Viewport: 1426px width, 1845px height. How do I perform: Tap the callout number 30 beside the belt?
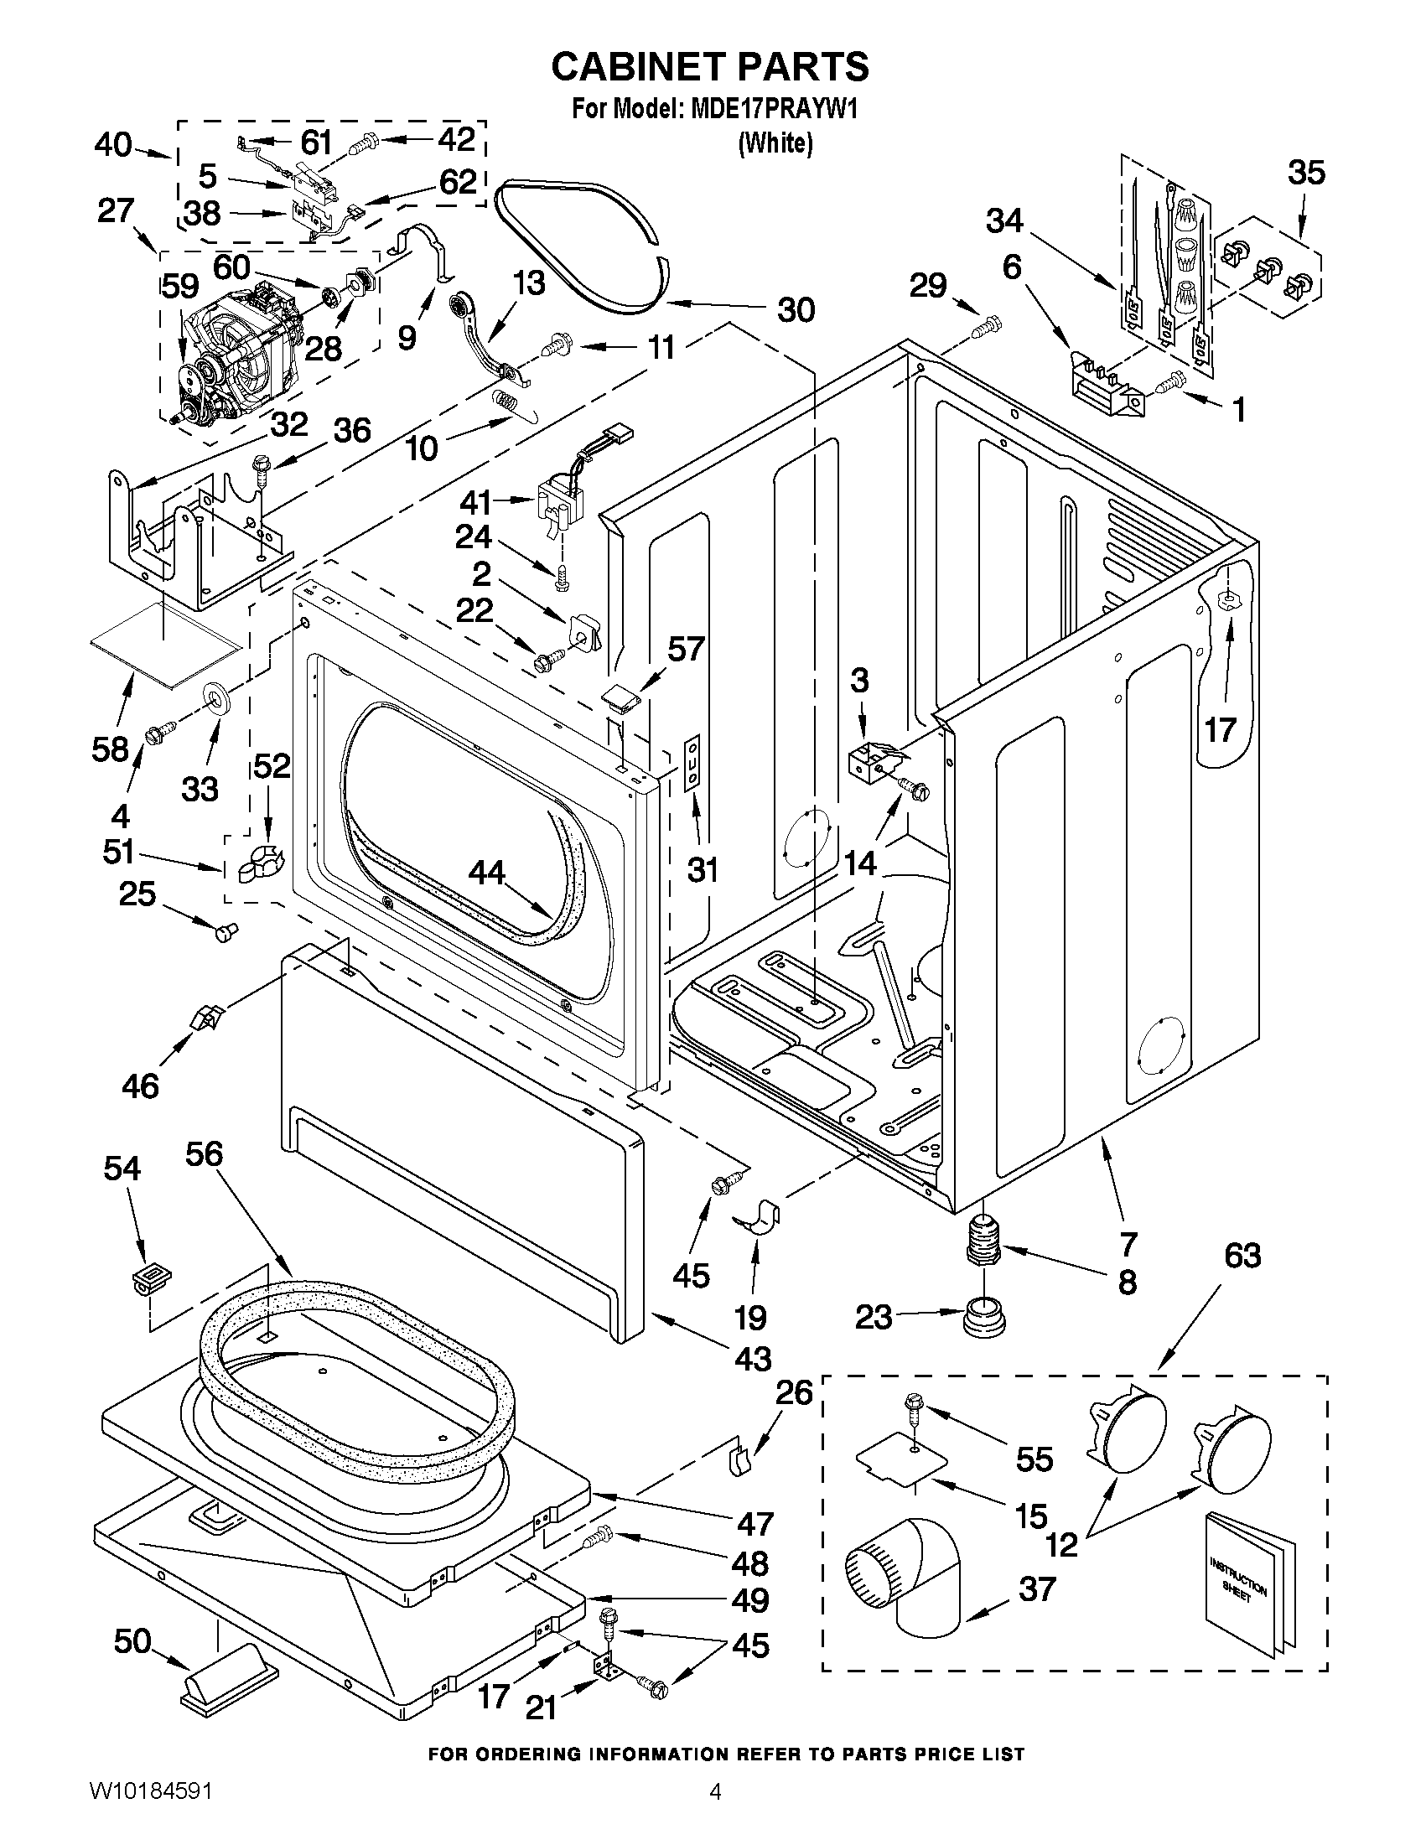[796, 309]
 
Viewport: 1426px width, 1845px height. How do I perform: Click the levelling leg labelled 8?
[982, 1239]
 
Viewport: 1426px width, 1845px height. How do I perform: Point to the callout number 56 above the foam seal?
[204, 1153]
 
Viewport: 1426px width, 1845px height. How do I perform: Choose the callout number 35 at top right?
[1306, 173]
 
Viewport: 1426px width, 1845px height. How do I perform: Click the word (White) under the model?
[775, 143]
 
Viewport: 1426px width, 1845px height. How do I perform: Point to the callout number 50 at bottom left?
[132, 1641]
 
